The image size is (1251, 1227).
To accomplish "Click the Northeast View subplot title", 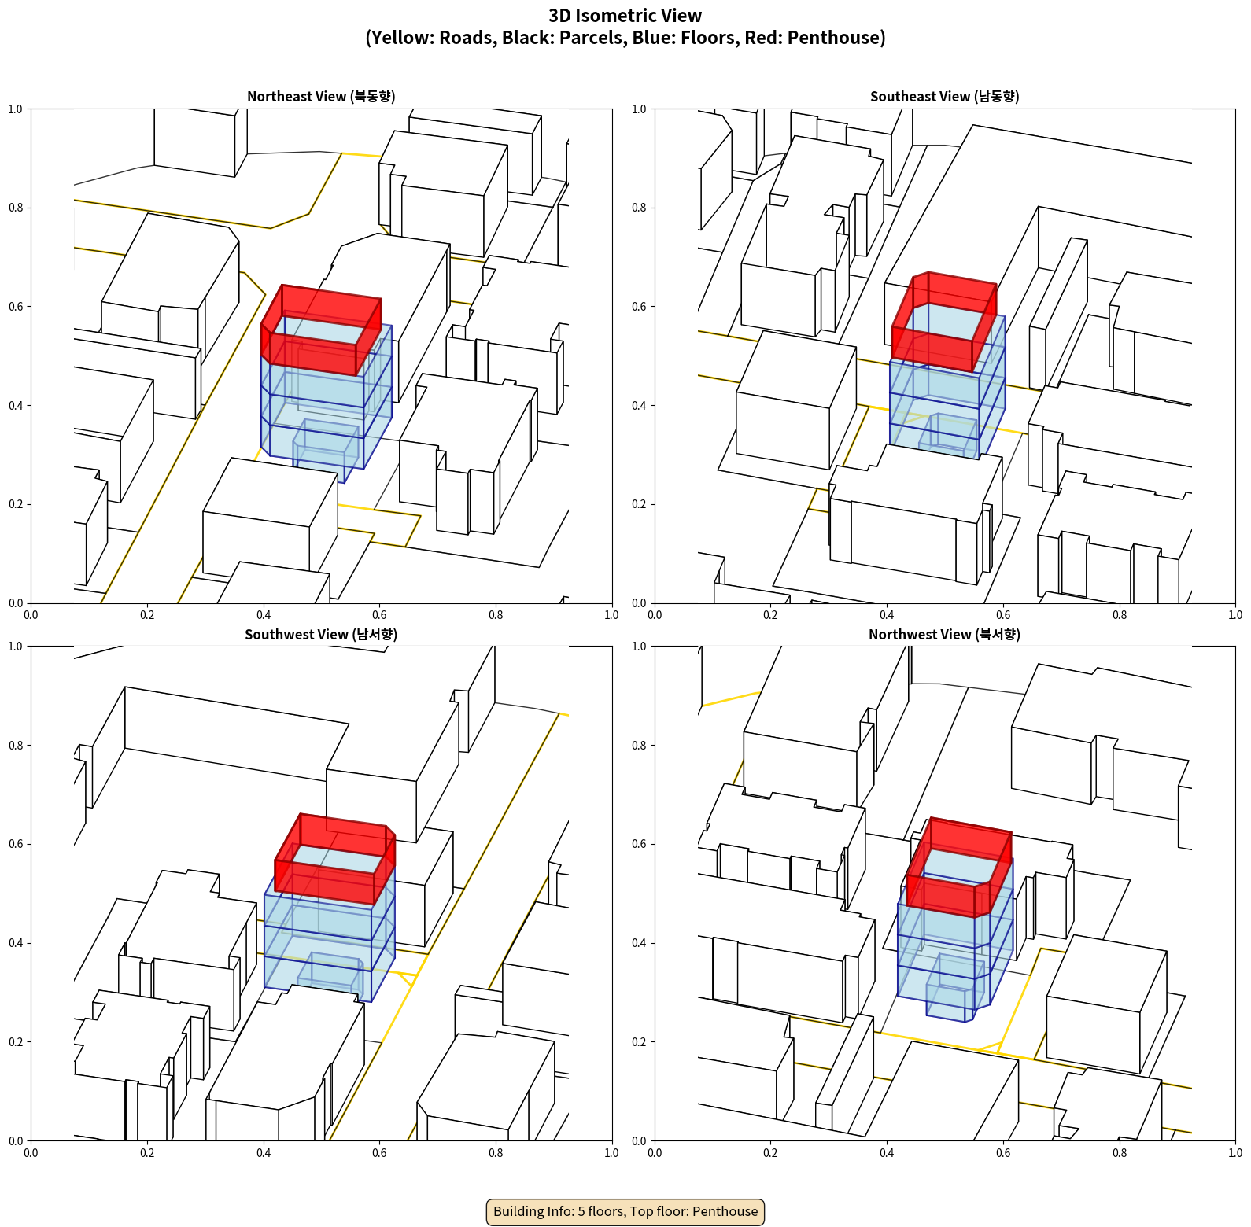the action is coord(321,96).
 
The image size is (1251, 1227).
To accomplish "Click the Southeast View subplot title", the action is coord(944,96).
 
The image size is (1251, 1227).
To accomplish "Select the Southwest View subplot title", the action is coord(321,634).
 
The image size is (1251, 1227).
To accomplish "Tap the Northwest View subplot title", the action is coord(944,634).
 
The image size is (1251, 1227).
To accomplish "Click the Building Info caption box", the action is coord(625,1211).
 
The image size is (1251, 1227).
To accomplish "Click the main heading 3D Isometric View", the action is coord(625,16).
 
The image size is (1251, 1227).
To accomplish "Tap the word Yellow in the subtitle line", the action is coord(401,38).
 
